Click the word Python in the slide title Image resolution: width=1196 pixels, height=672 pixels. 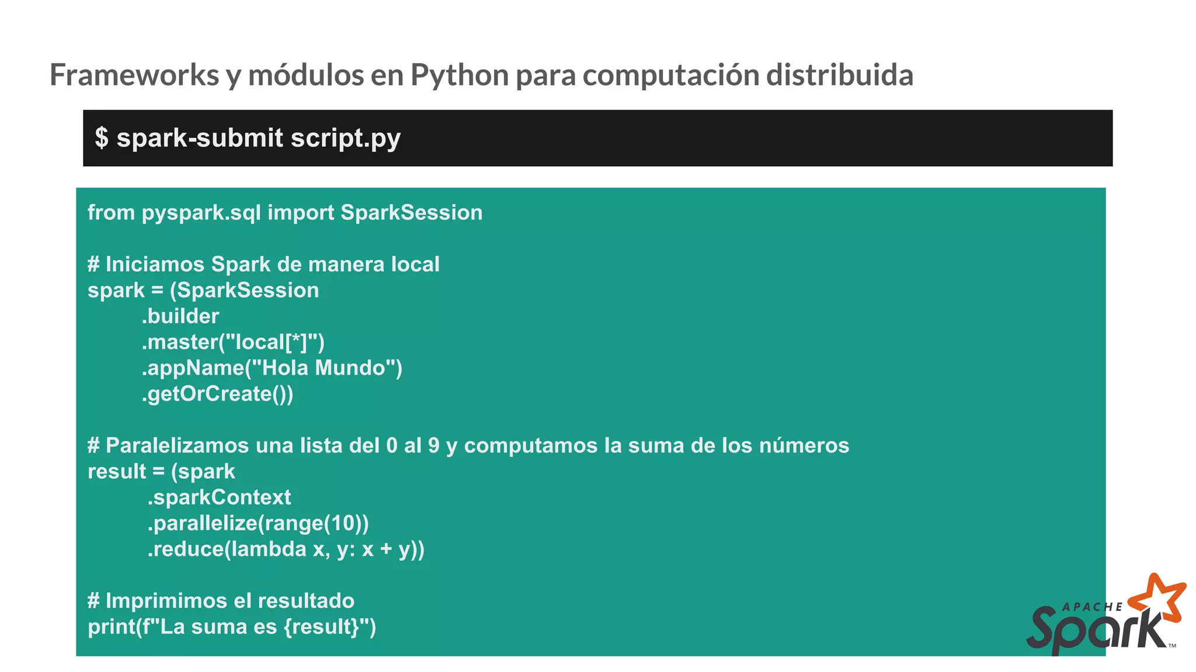(459, 76)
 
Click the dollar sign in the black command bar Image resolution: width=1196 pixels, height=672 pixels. (102, 138)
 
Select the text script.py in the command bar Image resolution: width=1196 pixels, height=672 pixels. (345, 139)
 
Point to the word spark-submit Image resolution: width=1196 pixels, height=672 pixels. (200, 139)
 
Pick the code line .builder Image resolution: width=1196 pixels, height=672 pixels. (180, 316)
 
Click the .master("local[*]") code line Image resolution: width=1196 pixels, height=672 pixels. (233, 342)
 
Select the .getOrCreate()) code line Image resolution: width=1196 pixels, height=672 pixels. (217, 394)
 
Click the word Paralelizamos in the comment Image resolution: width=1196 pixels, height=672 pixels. (176, 446)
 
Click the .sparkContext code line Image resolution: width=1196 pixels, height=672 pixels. (219, 498)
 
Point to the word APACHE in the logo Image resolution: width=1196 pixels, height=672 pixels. (1091, 607)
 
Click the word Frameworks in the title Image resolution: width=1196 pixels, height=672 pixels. (134, 75)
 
